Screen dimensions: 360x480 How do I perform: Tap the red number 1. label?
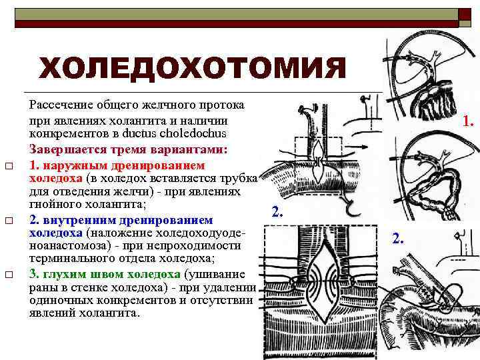[x=469, y=122]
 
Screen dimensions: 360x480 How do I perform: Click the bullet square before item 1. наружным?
[x=9, y=165]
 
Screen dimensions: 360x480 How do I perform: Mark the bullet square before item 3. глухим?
[x=9, y=275]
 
